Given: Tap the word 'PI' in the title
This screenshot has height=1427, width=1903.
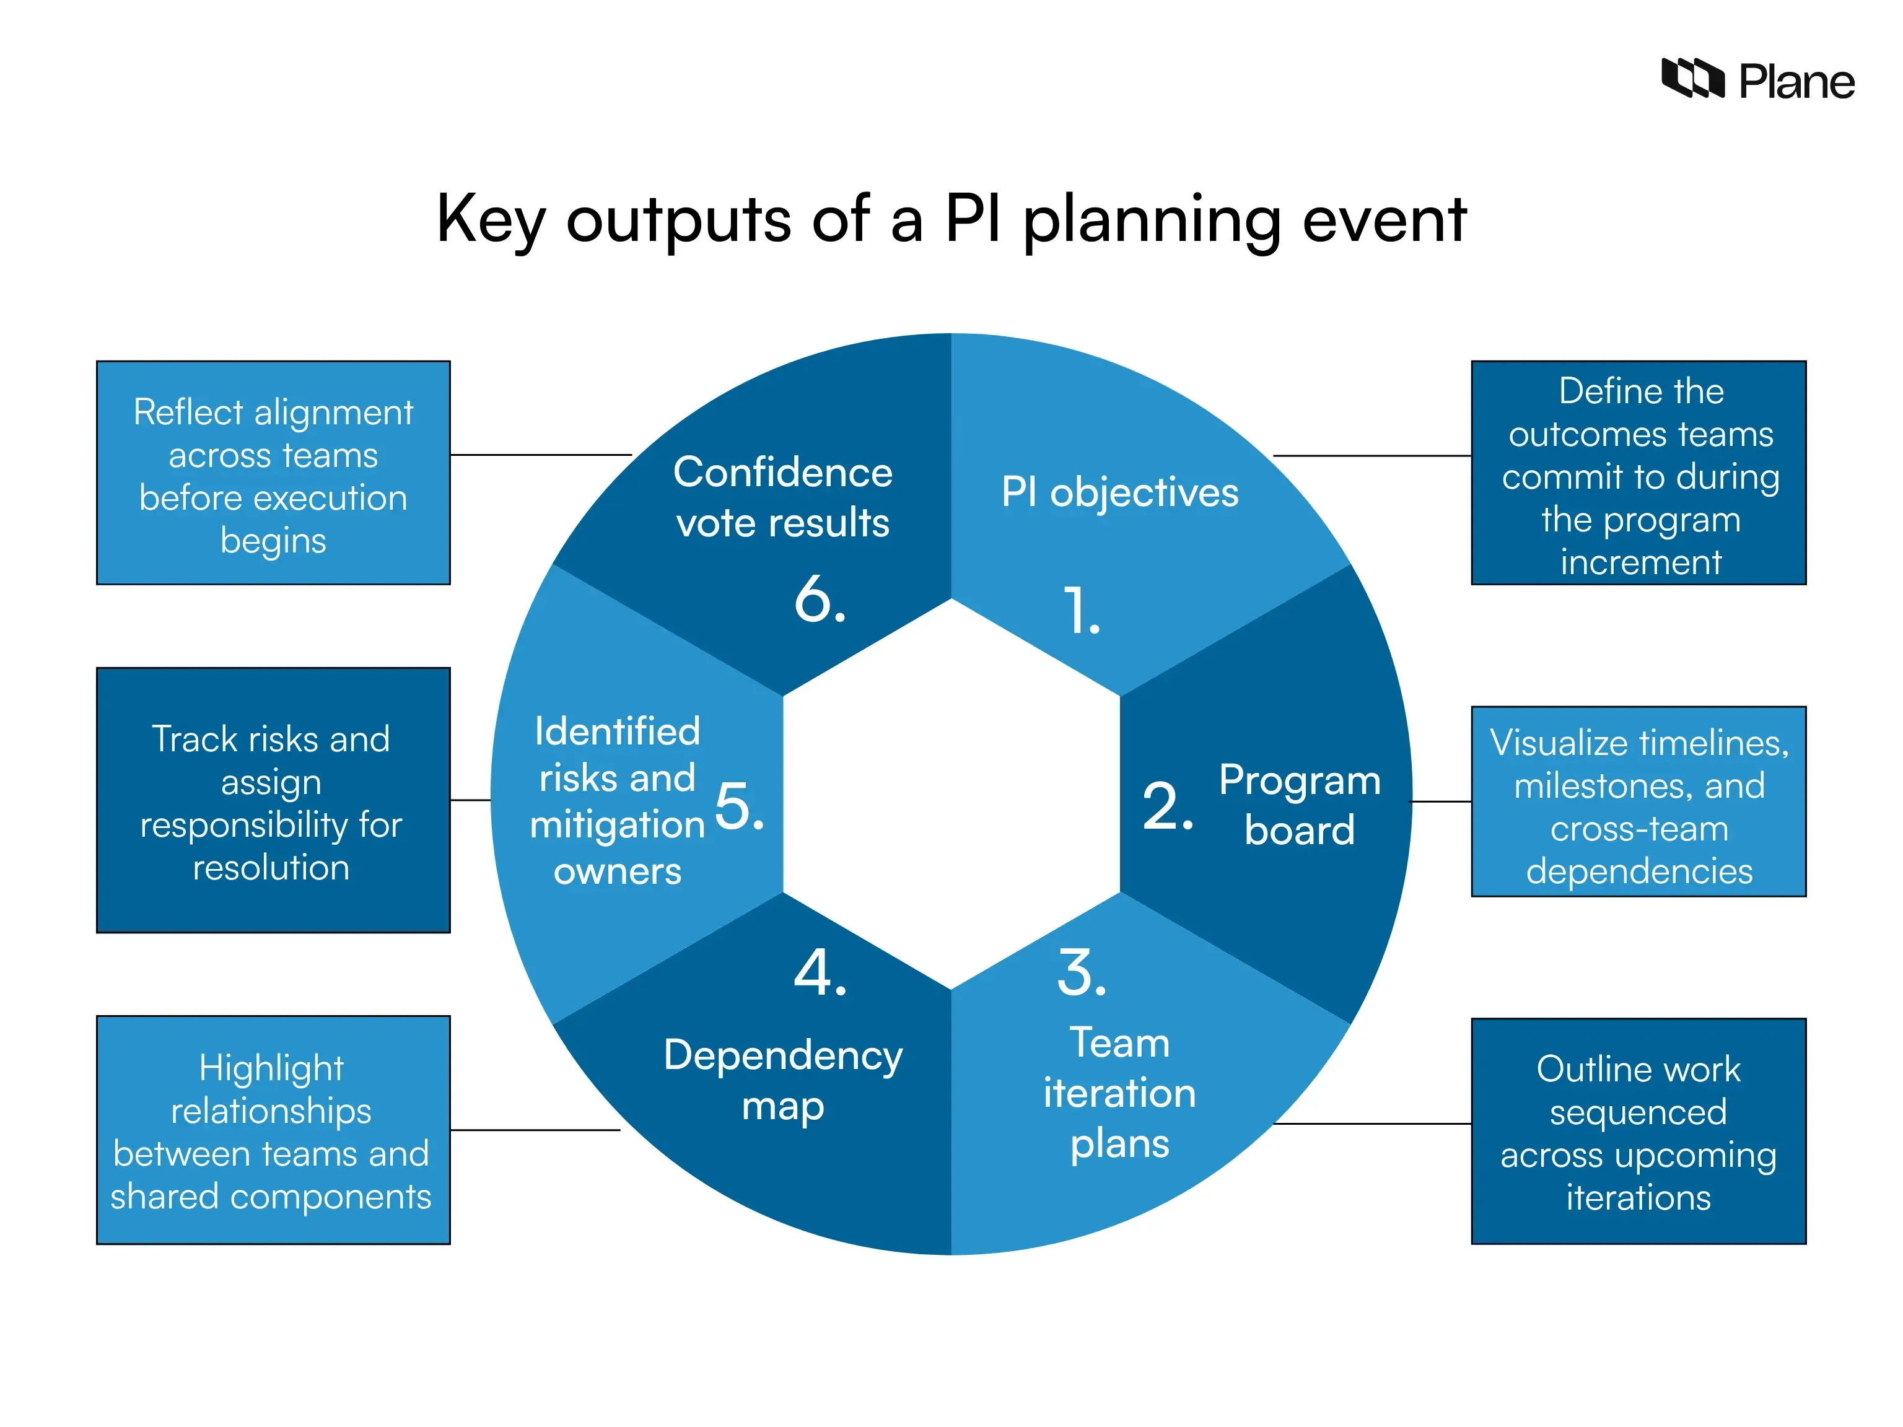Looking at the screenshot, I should point(973,219).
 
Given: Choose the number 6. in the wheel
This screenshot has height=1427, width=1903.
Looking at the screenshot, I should point(820,599).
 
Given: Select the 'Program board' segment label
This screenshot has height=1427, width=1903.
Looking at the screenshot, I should point(1299,805).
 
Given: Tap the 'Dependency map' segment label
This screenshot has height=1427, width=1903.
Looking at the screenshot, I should point(783,1080).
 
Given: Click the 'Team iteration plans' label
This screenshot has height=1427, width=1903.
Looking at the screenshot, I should point(1119,1093).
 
